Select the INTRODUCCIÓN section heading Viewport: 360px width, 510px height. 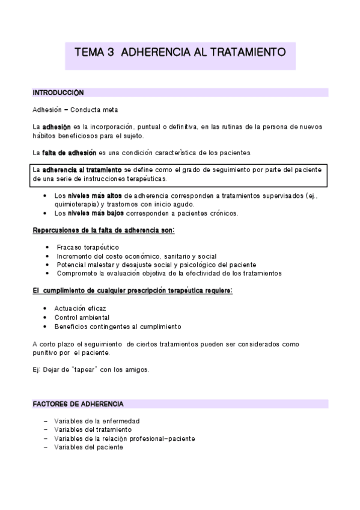click(x=58, y=93)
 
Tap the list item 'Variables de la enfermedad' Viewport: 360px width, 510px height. click(x=96, y=421)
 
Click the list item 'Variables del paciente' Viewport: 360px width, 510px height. click(x=88, y=447)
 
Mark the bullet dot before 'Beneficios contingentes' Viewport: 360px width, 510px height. click(x=46, y=326)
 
